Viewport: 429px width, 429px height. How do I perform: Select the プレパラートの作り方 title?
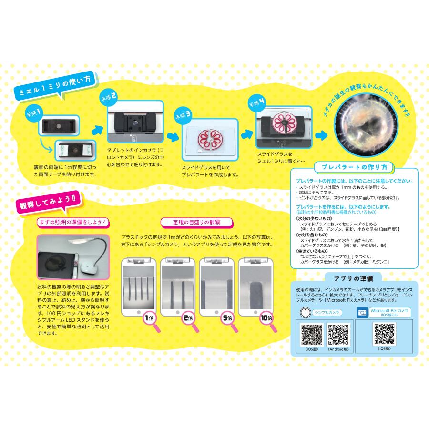[x=355, y=167]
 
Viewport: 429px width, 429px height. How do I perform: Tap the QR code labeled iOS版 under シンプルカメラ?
[x=311, y=335]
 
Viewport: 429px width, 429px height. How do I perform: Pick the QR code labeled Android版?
[x=339, y=335]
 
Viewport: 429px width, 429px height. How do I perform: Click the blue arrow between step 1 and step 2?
[x=97, y=128]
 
